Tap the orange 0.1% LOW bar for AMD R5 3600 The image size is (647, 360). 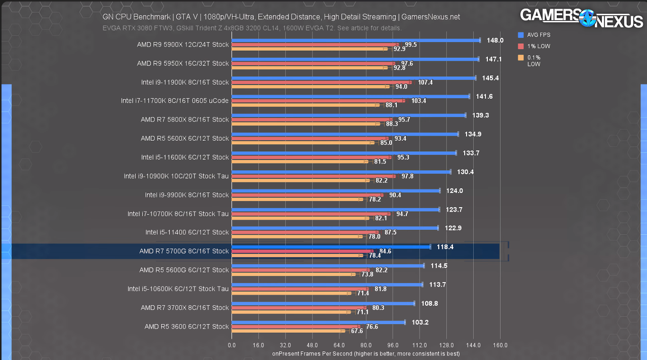(x=288, y=331)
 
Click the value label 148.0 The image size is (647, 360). (x=495, y=40)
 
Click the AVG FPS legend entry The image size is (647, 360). (x=537, y=35)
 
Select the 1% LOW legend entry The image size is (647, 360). (x=536, y=46)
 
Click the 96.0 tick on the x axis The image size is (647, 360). (x=393, y=345)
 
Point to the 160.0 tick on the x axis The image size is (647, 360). (x=500, y=345)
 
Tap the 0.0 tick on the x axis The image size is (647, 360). (x=232, y=345)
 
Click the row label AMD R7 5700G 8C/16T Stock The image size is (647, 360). (x=184, y=251)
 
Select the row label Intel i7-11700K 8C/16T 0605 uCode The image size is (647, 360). (x=175, y=101)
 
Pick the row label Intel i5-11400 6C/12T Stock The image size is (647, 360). (x=187, y=232)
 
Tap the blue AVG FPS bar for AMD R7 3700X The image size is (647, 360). (x=323, y=303)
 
